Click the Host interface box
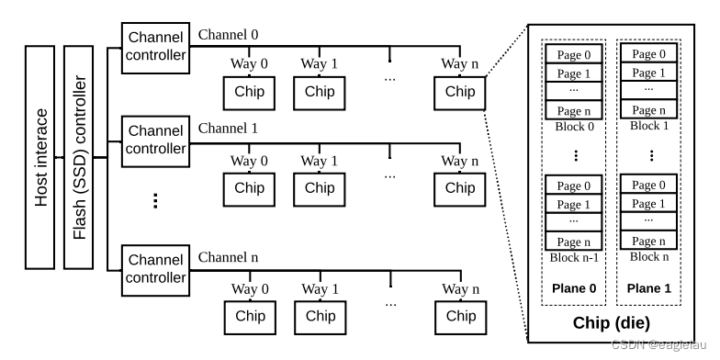41,155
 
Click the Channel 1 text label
229,128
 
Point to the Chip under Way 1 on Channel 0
320,92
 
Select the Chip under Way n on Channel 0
460,92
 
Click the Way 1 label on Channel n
320,289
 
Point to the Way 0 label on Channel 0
250,63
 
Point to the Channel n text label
229,257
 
